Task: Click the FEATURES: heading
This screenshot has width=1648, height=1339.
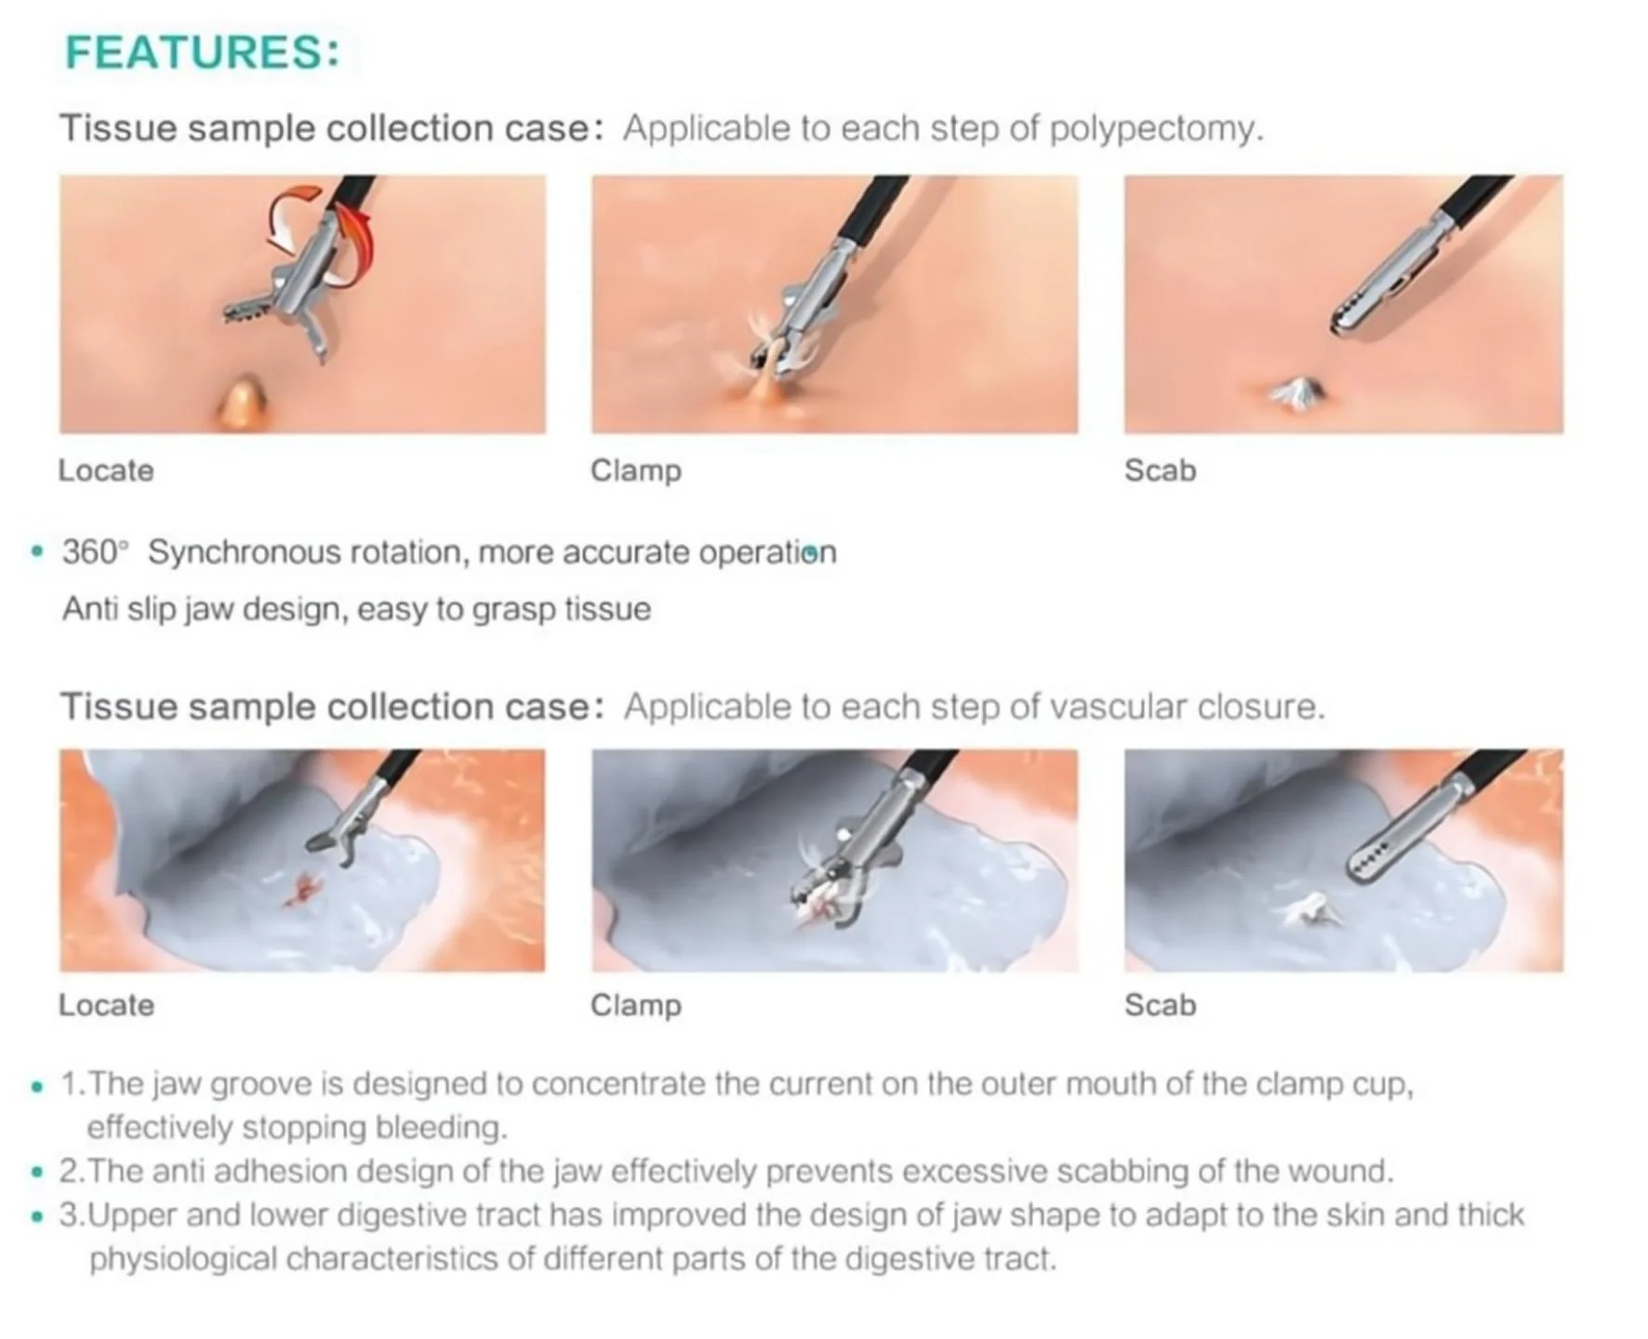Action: pos(202,52)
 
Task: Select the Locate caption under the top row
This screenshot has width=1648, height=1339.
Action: pos(106,471)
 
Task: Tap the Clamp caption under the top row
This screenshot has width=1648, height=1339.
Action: pos(636,471)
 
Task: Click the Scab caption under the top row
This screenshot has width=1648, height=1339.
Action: pos(1160,471)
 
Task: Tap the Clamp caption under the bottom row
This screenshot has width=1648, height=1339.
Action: pos(636,1005)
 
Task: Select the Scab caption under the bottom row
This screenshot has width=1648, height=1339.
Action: pos(1160,1005)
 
